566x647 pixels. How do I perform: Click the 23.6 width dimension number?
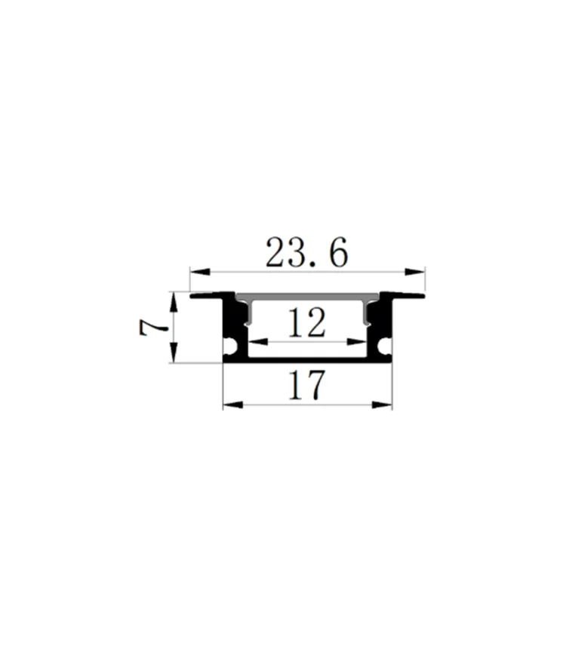[x=306, y=254]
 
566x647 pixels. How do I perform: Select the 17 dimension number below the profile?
[x=307, y=386]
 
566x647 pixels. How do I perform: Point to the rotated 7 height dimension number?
[x=152, y=328]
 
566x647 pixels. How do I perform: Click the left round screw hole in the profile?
[x=231, y=347]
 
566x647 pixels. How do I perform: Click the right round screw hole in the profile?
[x=385, y=347]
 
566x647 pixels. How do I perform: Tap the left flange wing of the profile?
[x=208, y=295]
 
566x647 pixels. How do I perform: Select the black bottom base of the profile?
[x=307, y=361]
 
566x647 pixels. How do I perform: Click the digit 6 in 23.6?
[x=338, y=254]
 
